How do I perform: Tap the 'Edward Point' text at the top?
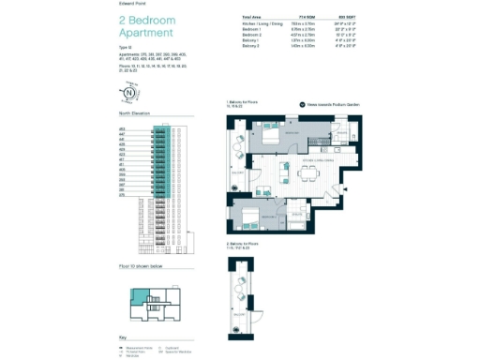(132, 5)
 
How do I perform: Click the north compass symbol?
(128, 94)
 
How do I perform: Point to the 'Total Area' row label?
(250, 18)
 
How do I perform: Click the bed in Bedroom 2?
(251, 218)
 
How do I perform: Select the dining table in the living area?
(309, 172)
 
